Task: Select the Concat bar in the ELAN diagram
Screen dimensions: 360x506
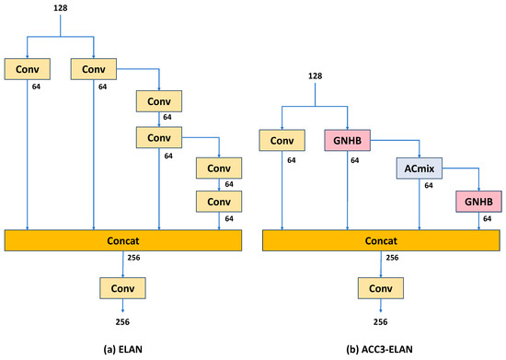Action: (122, 239)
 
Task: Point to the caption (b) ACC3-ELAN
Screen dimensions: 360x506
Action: (381, 347)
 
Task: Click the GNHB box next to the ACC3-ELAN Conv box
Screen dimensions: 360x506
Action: (347, 141)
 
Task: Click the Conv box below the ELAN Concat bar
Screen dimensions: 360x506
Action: (122, 288)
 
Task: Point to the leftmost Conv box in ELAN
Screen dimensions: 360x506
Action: (27, 69)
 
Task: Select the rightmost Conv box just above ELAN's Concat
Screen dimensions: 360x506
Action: (218, 201)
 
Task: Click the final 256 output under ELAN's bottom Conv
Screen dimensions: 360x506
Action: (122, 321)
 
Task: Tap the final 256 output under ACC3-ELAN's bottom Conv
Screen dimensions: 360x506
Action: (380, 321)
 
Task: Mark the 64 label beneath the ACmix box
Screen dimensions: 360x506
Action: (427, 186)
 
